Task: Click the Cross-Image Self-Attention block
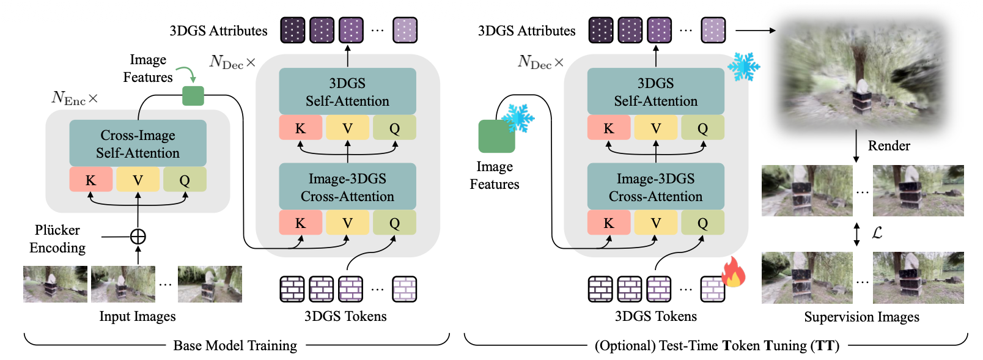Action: (138, 144)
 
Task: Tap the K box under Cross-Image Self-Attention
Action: (90, 180)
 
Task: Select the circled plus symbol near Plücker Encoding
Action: (138, 237)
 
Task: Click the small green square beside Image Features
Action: (193, 96)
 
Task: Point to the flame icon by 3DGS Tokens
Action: (733, 273)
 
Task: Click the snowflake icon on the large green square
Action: (518, 119)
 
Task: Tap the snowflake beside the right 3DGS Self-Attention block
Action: (743, 67)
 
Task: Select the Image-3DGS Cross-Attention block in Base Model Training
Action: (347, 187)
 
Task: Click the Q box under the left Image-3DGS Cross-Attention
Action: (394, 223)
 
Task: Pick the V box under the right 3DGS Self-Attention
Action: (655, 128)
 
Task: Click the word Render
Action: (888, 145)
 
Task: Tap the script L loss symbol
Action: (877, 233)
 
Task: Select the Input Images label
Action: (138, 316)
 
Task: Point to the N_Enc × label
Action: (75, 98)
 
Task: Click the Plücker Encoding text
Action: (57, 238)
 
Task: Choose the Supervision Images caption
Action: (861, 317)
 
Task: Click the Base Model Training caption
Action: (235, 345)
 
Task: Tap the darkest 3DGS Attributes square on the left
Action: (293, 30)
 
